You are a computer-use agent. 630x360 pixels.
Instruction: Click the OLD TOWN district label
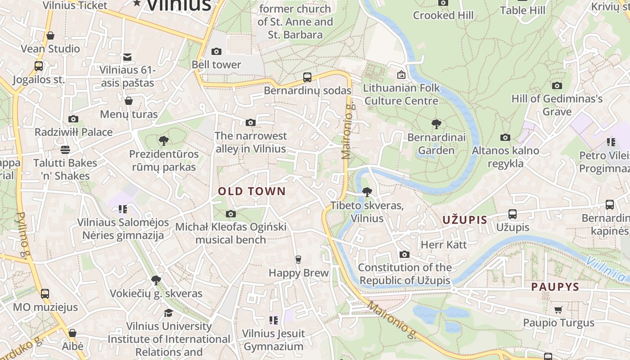252,191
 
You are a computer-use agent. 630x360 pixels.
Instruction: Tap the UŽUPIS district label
465,220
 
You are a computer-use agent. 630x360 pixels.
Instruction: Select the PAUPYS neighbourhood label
555,287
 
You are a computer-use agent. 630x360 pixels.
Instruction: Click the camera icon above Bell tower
216,51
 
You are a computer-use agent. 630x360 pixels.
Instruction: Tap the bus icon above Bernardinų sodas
307,77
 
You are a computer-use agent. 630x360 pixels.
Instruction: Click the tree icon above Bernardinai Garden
436,124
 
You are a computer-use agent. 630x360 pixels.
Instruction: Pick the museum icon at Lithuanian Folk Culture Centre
401,75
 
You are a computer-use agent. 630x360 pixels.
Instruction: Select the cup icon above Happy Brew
298,260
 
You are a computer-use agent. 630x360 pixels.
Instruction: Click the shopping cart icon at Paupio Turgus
558,310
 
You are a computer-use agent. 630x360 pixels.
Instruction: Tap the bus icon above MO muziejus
45,294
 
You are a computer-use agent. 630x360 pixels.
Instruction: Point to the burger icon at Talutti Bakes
65,149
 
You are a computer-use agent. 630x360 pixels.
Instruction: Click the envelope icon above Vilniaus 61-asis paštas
127,57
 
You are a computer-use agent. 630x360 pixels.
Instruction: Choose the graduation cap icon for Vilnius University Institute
168,313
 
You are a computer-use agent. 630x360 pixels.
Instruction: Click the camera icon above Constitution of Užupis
405,255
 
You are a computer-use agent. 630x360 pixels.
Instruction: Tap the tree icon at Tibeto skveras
367,192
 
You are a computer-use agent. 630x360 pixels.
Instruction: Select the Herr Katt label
444,245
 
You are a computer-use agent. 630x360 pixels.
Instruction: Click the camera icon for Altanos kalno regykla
505,137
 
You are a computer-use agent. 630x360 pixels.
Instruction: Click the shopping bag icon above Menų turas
129,101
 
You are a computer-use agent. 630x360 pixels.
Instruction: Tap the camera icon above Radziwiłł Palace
73,119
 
